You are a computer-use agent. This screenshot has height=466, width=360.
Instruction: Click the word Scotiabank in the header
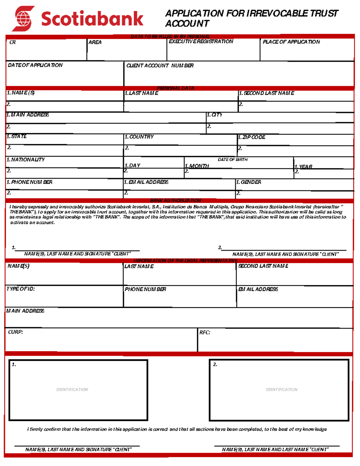[x=92, y=19]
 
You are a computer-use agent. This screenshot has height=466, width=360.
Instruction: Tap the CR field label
[x=13, y=42]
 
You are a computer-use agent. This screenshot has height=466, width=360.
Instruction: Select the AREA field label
[x=95, y=42]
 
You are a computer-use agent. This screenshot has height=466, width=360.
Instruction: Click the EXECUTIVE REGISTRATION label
[x=201, y=41]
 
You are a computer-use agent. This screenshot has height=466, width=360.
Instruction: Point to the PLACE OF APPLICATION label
[x=291, y=42]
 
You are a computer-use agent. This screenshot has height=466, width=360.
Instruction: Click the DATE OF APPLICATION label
[x=35, y=65]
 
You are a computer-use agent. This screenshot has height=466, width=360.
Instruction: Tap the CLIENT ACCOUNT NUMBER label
[x=160, y=65]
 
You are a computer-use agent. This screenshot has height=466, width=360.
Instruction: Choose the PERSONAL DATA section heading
[x=175, y=88]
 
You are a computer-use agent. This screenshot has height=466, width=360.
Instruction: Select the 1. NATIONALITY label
[x=25, y=160]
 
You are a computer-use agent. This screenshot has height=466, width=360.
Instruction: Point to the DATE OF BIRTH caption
[x=232, y=160]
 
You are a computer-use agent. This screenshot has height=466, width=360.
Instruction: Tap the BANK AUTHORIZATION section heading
[x=175, y=200]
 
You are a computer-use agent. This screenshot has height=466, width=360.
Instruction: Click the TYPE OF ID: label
[x=20, y=289]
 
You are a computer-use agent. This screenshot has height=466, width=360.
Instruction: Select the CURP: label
[x=15, y=332]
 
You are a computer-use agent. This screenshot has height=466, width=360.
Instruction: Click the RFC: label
[x=205, y=332]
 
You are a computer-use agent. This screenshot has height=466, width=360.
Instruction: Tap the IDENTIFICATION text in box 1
[x=72, y=389]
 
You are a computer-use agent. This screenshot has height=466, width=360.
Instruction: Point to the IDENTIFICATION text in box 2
[x=281, y=389]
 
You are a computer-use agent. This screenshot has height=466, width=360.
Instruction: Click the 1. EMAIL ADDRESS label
[x=146, y=182]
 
